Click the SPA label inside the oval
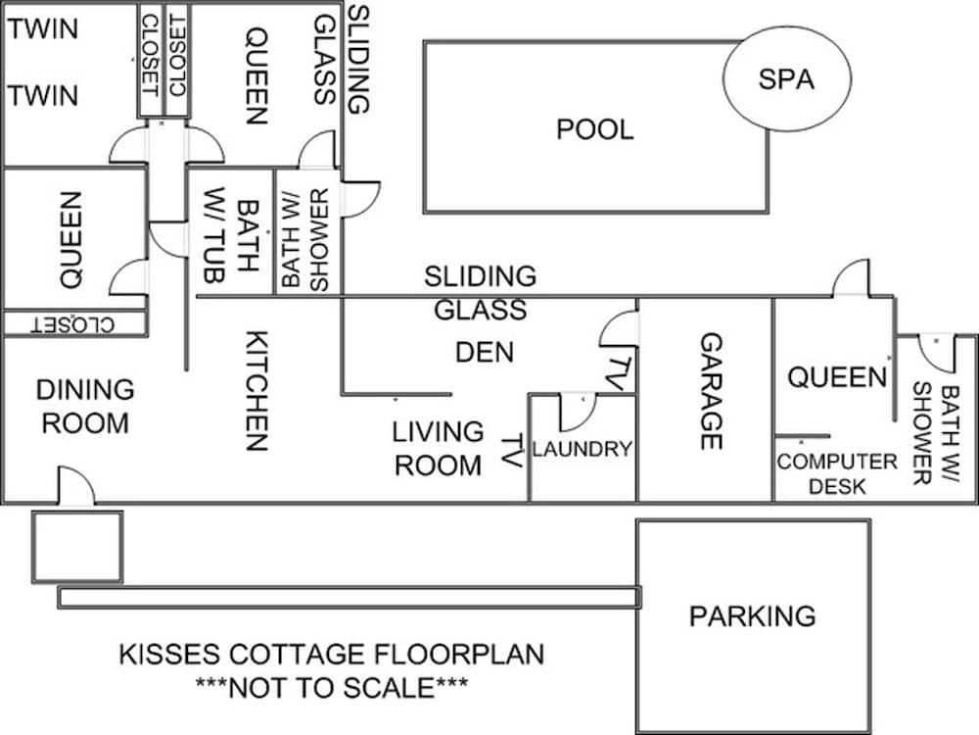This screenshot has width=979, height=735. [x=786, y=79]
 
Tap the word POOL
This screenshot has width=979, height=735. [x=595, y=129]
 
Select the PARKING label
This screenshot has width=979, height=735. [x=752, y=616]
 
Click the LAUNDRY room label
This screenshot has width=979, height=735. [x=582, y=450]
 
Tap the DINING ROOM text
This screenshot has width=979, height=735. [x=84, y=406]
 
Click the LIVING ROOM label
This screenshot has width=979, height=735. [x=438, y=448]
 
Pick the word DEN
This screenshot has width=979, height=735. [x=485, y=352]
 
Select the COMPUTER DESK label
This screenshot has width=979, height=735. [x=837, y=472]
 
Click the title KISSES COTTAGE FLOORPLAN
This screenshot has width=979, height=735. [x=331, y=655]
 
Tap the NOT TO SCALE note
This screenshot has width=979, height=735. [x=331, y=686]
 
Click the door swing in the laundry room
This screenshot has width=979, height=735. [x=576, y=413]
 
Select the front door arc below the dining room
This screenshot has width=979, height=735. [x=76, y=486]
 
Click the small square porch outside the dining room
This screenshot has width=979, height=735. [x=77, y=546]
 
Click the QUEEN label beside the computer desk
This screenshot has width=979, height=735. [x=837, y=377]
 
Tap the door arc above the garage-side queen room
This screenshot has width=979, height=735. [x=851, y=278]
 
